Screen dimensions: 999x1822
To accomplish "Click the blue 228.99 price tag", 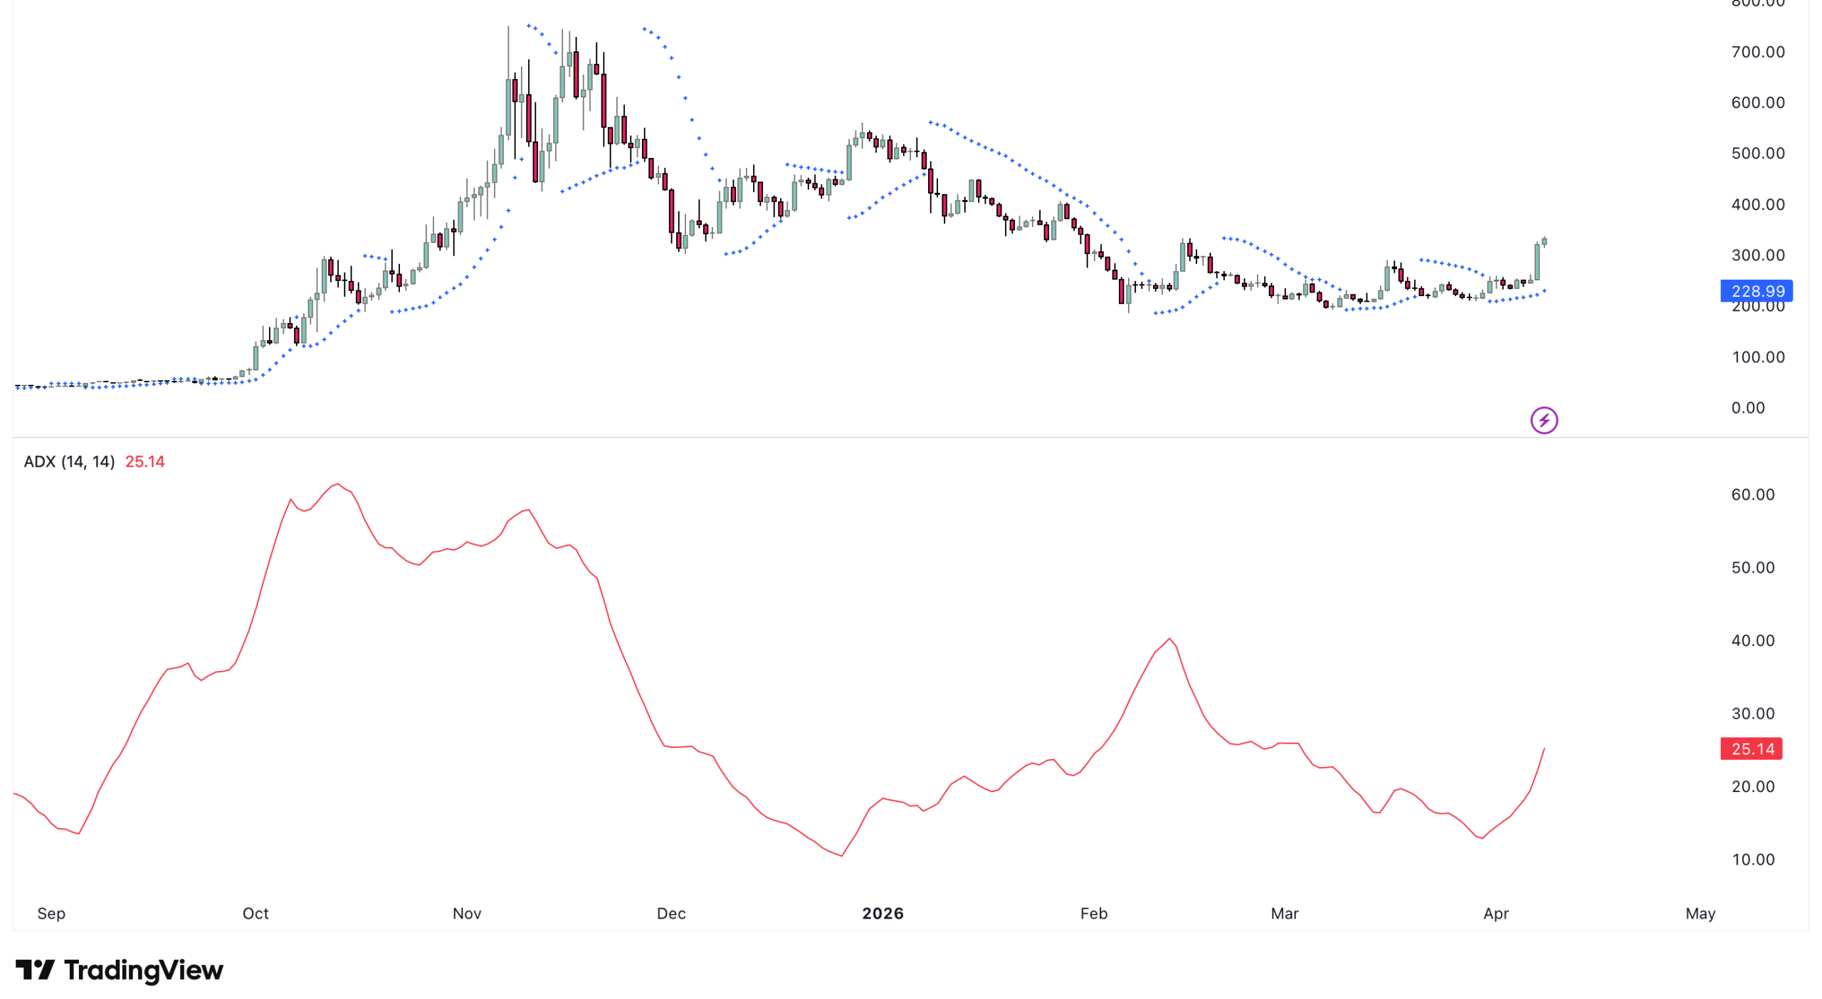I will coord(1756,290).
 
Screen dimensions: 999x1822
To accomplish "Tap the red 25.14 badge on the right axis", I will coord(1751,748).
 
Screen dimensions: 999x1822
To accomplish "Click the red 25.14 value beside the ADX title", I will coord(144,461).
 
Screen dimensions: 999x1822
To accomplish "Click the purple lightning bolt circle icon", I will coord(1544,420).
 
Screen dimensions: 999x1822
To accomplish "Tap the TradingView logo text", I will coord(143,970).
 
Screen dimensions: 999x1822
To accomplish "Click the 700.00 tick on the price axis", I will coord(1757,52).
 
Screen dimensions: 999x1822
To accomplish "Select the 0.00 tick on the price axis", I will coord(1747,408).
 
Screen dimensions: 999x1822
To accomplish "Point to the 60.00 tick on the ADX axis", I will coord(1752,495).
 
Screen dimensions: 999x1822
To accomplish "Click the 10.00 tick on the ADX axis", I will coord(1752,859).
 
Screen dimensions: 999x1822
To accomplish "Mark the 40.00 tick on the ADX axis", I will coord(1752,640).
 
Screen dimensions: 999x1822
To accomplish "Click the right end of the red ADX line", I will coord(1544,749).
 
